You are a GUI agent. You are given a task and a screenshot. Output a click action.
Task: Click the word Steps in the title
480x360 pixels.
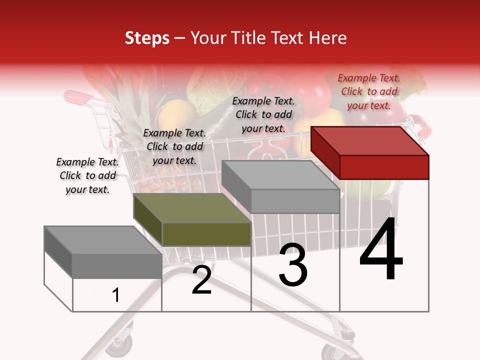pyautogui.click(x=147, y=38)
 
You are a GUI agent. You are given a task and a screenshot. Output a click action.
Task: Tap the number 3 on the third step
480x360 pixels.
pyautogui.click(x=293, y=265)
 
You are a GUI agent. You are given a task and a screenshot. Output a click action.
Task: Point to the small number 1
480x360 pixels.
pyautogui.click(x=116, y=295)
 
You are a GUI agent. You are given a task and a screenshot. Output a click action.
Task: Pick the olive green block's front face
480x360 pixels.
pyautogui.click(x=206, y=234)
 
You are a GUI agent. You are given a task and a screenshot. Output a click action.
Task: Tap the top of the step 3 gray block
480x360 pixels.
pyautogui.click(x=280, y=175)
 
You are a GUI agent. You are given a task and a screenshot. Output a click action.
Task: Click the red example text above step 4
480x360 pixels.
pyautogui.click(x=369, y=91)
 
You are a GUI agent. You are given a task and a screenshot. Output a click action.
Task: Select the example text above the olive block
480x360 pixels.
pyautogui.click(x=174, y=146)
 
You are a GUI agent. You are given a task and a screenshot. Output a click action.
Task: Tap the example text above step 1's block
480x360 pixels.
pyautogui.click(x=87, y=175)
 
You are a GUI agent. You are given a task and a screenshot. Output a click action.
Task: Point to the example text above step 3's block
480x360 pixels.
pyautogui.click(x=263, y=114)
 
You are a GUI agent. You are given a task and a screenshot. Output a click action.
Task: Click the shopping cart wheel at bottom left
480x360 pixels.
pyautogui.click(x=124, y=343)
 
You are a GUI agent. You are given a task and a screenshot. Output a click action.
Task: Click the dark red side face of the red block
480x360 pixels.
pyautogui.click(x=325, y=152)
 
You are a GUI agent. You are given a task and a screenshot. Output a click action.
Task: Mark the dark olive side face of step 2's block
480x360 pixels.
pyautogui.click(x=148, y=220)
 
